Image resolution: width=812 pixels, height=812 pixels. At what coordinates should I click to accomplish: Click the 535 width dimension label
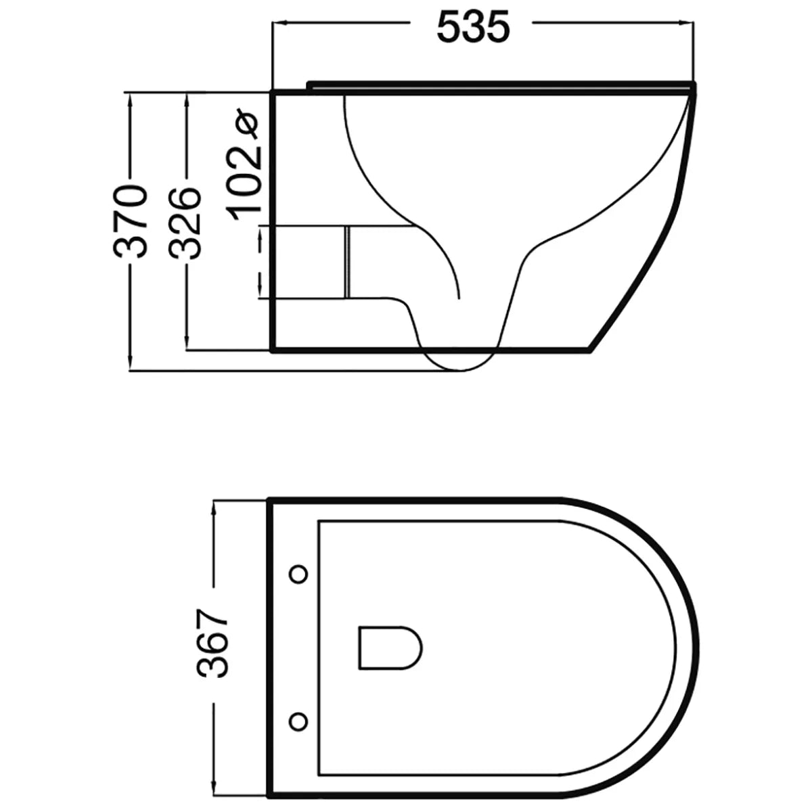click(472, 27)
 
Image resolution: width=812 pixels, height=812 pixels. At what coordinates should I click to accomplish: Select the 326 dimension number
click(185, 223)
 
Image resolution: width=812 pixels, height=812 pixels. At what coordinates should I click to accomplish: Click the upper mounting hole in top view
click(298, 574)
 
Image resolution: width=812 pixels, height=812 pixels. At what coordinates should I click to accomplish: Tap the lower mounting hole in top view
click(298, 719)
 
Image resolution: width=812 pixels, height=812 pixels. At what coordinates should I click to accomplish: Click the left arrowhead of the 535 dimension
click(277, 24)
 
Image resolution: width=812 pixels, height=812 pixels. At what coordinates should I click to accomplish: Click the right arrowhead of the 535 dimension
click(690, 24)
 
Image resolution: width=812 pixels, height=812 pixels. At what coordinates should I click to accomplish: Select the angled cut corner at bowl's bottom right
click(604, 336)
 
